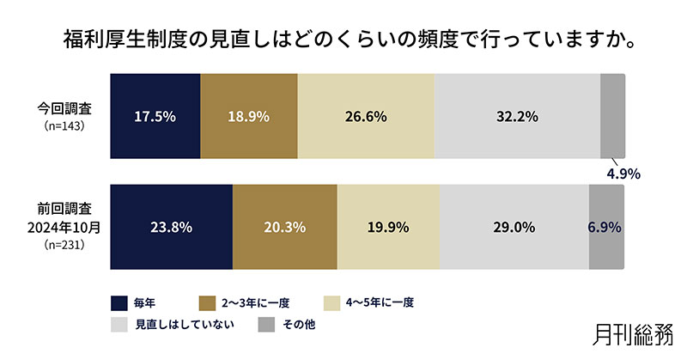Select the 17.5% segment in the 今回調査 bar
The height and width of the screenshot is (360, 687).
tap(155, 116)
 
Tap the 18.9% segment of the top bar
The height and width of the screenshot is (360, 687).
tap(249, 116)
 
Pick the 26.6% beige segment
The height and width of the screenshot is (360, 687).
tap(367, 116)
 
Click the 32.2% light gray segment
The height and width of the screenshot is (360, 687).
tap(517, 116)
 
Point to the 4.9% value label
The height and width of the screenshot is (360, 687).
tap(623, 173)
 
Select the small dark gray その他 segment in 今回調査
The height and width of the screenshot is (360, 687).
tap(611, 116)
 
